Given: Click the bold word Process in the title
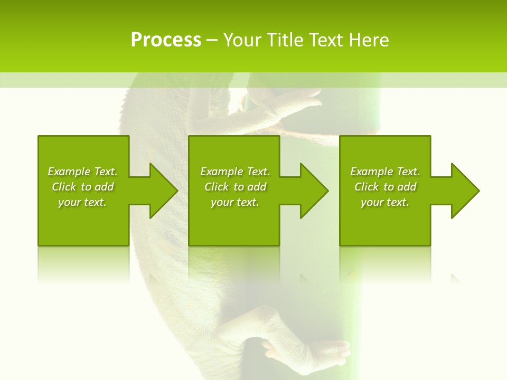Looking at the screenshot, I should tap(166, 40).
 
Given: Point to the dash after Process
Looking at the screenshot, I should tap(211, 41).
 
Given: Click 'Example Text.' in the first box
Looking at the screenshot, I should tap(82, 172).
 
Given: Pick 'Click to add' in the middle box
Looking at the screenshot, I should tap(235, 187).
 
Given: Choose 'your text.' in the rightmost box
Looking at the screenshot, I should tap(384, 202).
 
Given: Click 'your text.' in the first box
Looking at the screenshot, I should tap(82, 202).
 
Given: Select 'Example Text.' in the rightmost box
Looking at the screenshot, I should tap(385, 172).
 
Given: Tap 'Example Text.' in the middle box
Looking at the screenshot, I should tap(235, 172).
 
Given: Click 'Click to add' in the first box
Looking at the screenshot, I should tap(83, 187).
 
